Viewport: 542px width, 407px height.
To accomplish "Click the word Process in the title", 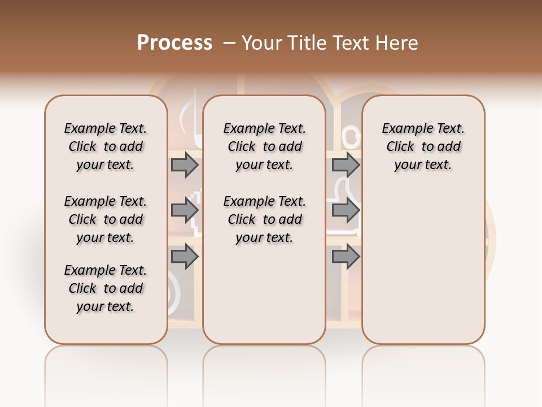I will (174, 43).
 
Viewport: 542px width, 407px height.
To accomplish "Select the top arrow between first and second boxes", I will (185, 165).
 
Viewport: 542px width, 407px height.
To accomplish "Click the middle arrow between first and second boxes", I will (185, 210).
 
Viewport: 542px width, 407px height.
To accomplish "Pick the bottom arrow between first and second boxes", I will (185, 257).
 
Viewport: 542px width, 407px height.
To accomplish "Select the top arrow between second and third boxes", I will (346, 165).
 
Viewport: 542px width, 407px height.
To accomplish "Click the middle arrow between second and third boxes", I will (346, 210).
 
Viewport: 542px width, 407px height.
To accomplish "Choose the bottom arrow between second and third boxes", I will (346, 257).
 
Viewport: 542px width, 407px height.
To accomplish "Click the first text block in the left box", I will (106, 146).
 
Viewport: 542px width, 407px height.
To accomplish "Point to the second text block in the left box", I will (106, 219).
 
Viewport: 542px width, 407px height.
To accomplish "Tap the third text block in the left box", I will (106, 288).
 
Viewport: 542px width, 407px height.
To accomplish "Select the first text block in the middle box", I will (264, 146).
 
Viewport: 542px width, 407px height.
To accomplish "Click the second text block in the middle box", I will (264, 219).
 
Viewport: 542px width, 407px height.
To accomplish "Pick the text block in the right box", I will (423, 146).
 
